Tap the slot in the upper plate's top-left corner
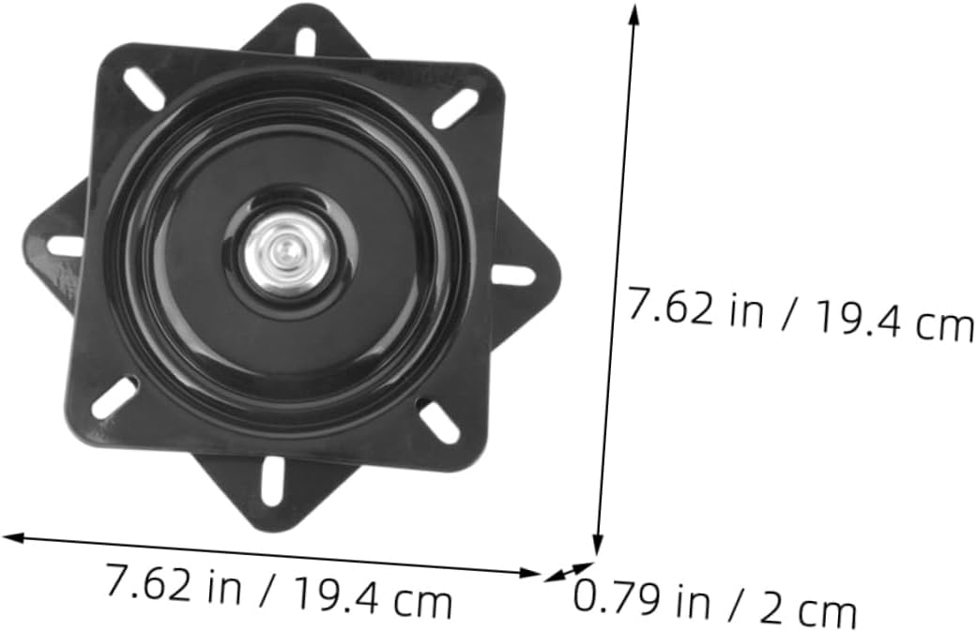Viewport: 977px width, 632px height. point(145,88)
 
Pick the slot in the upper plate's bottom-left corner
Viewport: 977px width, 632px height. point(114,398)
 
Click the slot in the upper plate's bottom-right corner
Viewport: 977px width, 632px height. point(438,421)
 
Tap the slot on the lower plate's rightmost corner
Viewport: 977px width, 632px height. point(513,276)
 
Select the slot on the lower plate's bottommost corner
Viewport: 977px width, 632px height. point(272,481)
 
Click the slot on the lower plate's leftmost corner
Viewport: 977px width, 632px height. point(64,247)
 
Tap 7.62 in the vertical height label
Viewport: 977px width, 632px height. point(669,307)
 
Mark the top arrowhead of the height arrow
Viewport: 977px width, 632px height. point(634,11)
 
